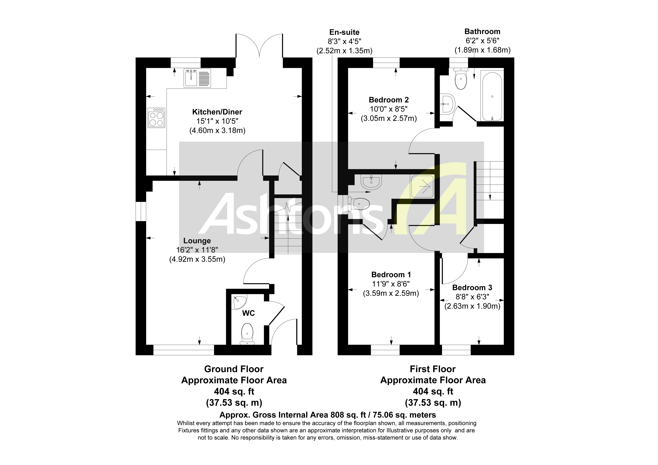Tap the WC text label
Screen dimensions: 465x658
click(249, 313)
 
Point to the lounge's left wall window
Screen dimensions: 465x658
click(141, 212)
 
